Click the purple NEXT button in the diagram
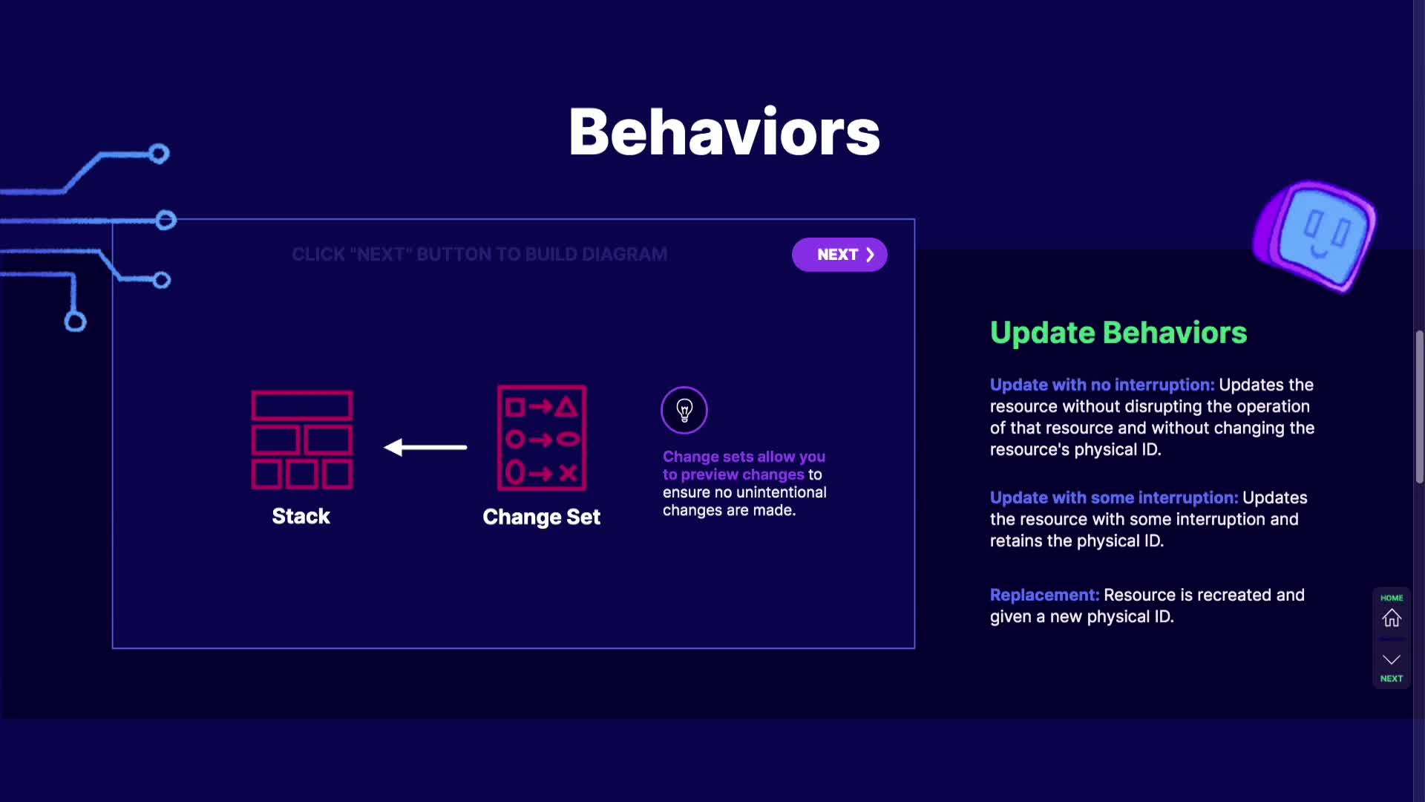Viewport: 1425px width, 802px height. (x=839, y=255)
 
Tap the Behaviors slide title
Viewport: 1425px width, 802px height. (x=724, y=132)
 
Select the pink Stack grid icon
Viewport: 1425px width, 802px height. (x=302, y=440)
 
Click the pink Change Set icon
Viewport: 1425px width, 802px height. (x=542, y=438)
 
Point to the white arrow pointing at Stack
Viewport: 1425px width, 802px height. (x=425, y=447)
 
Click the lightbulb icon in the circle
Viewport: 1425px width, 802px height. (x=684, y=410)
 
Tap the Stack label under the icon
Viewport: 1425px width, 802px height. (x=301, y=516)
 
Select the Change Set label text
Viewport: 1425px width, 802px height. (x=542, y=517)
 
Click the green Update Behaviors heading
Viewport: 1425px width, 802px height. (x=1118, y=333)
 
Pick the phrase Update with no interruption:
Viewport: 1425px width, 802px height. (x=1102, y=385)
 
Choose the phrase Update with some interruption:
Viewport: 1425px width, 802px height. (x=1114, y=498)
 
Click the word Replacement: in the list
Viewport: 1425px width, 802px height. (x=1044, y=595)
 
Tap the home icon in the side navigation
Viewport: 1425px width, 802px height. (x=1392, y=618)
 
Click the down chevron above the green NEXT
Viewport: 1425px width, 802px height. (x=1392, y=659)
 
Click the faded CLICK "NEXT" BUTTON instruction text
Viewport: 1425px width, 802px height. (x=479, y=255)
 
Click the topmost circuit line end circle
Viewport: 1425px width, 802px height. (x=159, y=154)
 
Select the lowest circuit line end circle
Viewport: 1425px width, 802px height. (x=75, y=322)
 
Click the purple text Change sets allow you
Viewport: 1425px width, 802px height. (x=744, y=457)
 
